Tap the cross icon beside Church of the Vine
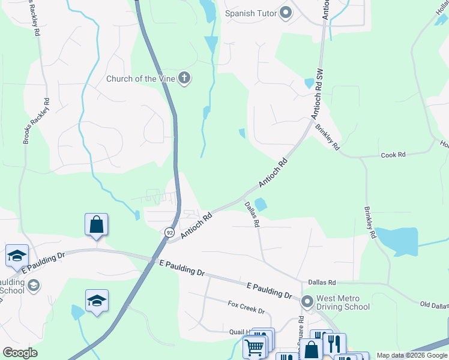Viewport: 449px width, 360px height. point(184,78)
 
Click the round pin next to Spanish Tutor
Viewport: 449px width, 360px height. point(285,13)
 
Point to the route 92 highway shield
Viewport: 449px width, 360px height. point(170,232)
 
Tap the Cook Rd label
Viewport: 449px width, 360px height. point(393,155)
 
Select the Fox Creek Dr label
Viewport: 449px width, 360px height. point(246,307)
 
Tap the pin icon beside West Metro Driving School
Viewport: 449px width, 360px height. point(307,301)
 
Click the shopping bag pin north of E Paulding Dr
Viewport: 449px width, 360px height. point(96,225)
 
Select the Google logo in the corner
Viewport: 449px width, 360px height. point(20,353)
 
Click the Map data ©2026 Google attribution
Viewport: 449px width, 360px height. point(412,355)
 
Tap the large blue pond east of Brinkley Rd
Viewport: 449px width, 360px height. point(398,241)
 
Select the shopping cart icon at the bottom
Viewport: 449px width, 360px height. point(254,347)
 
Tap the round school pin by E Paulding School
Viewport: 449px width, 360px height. point(34,284)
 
